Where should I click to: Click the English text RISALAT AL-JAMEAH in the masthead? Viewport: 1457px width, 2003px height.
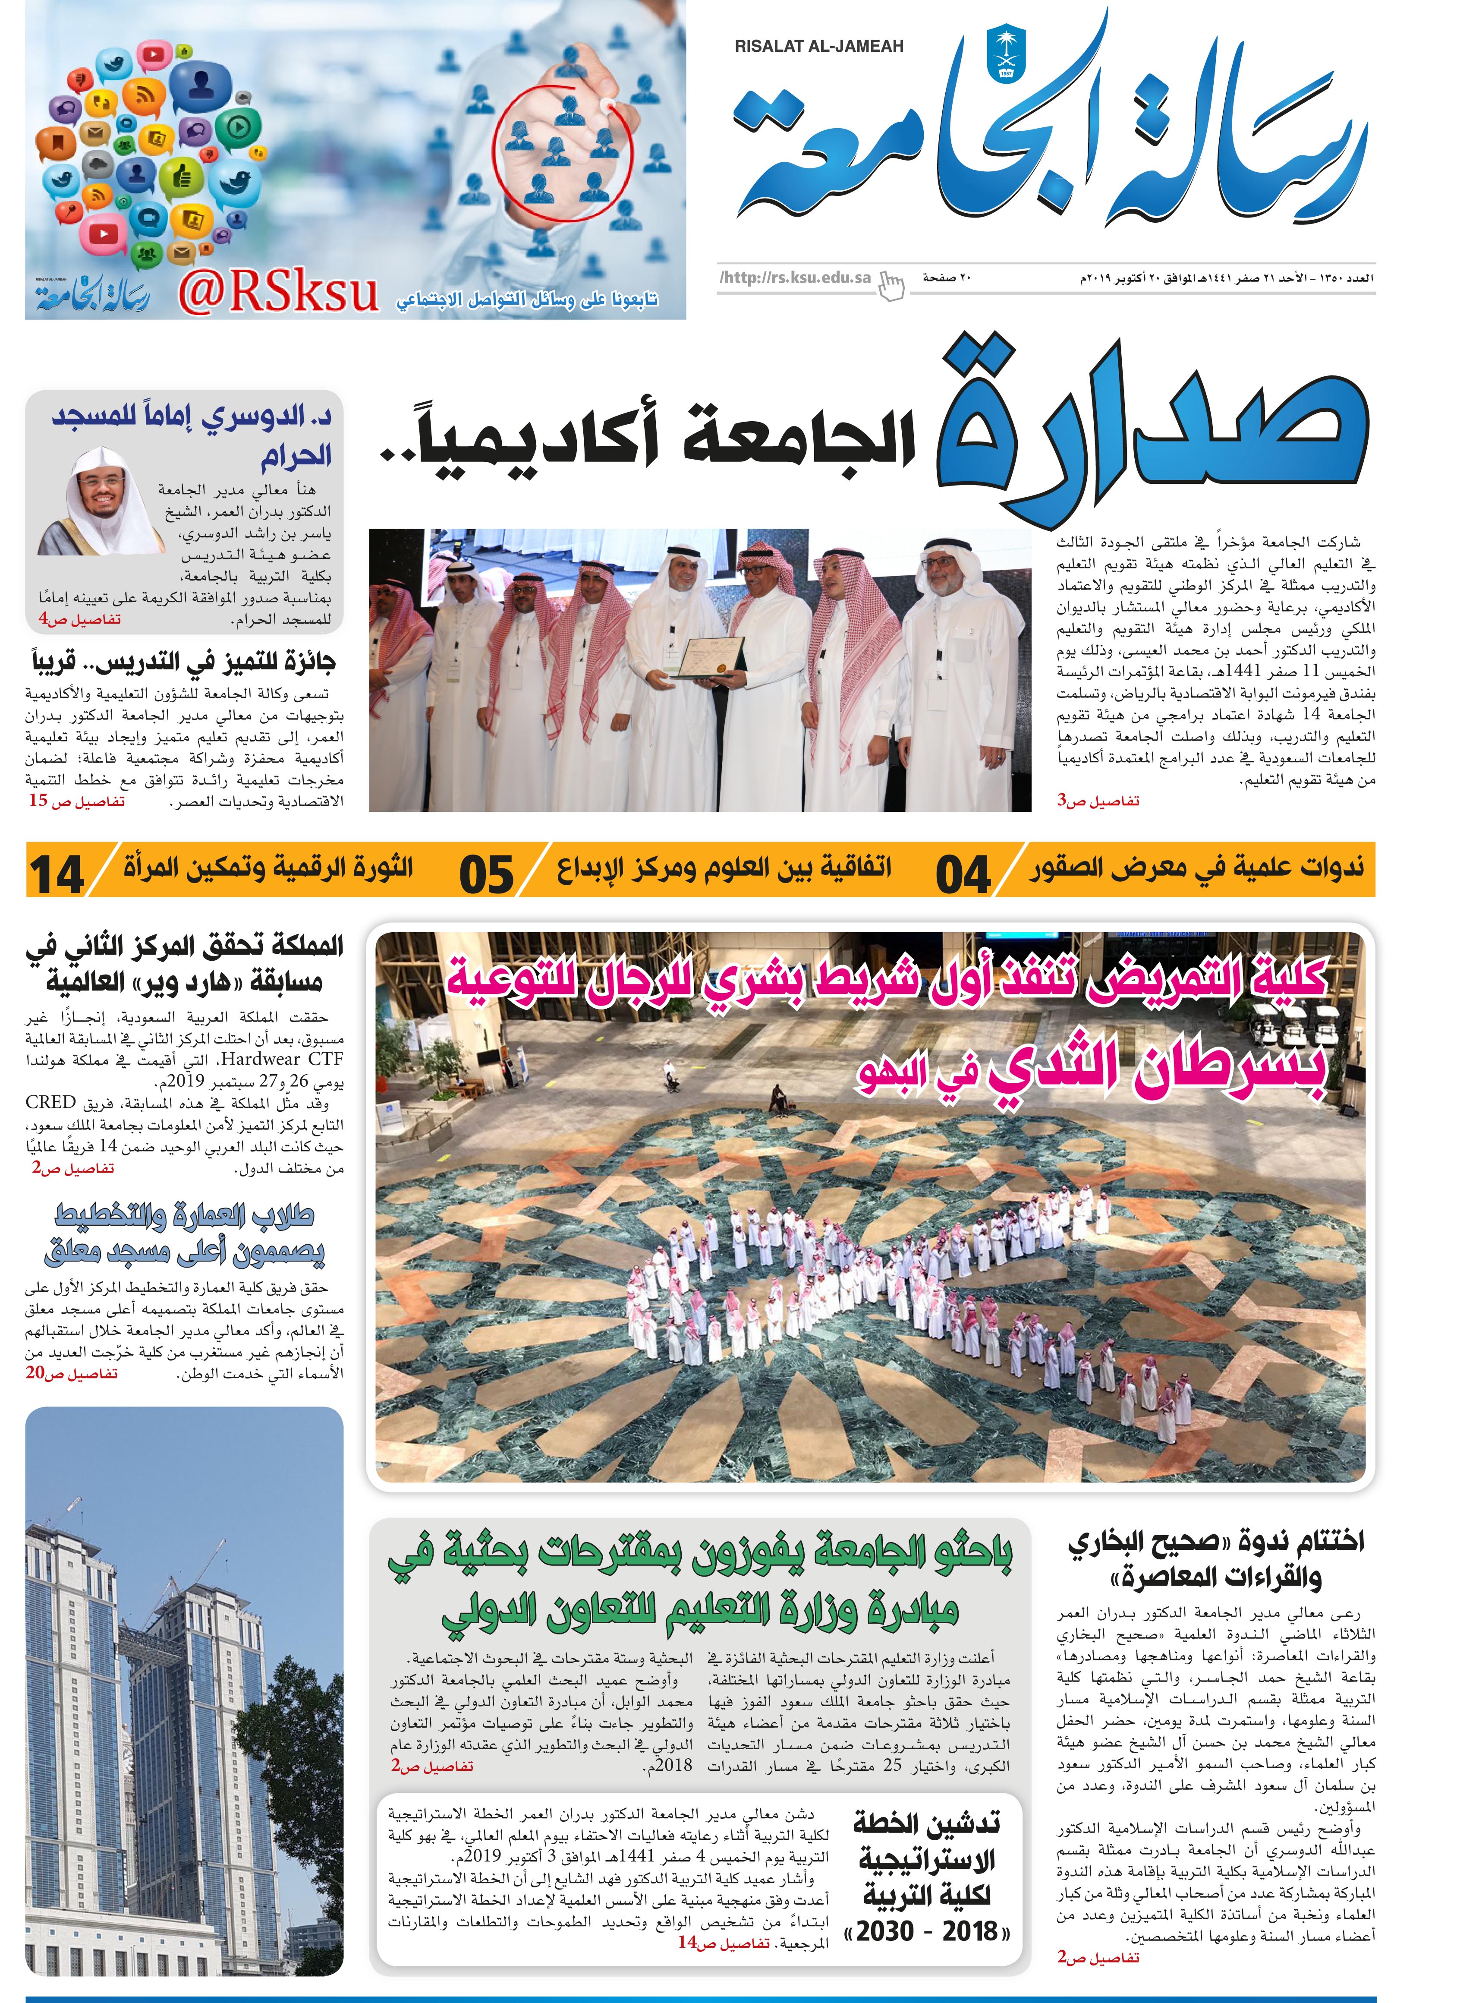point(818,47)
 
